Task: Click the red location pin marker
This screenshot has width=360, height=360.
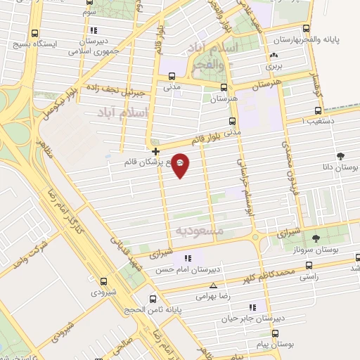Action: (x=181, y=165)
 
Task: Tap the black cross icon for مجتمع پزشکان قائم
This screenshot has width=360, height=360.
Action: (x=155, y=151)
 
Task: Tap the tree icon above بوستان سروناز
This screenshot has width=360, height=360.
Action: (x=316, y=238)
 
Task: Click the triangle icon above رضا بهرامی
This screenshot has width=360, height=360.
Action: (x=213, y=285)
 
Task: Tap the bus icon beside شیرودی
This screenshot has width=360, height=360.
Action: (x=103, y=281)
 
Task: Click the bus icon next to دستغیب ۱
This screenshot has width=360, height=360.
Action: (x=318, y=110)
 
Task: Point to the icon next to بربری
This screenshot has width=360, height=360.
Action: (x=274, y=57)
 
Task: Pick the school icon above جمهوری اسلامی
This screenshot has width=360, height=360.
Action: (x=94, y=30)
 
